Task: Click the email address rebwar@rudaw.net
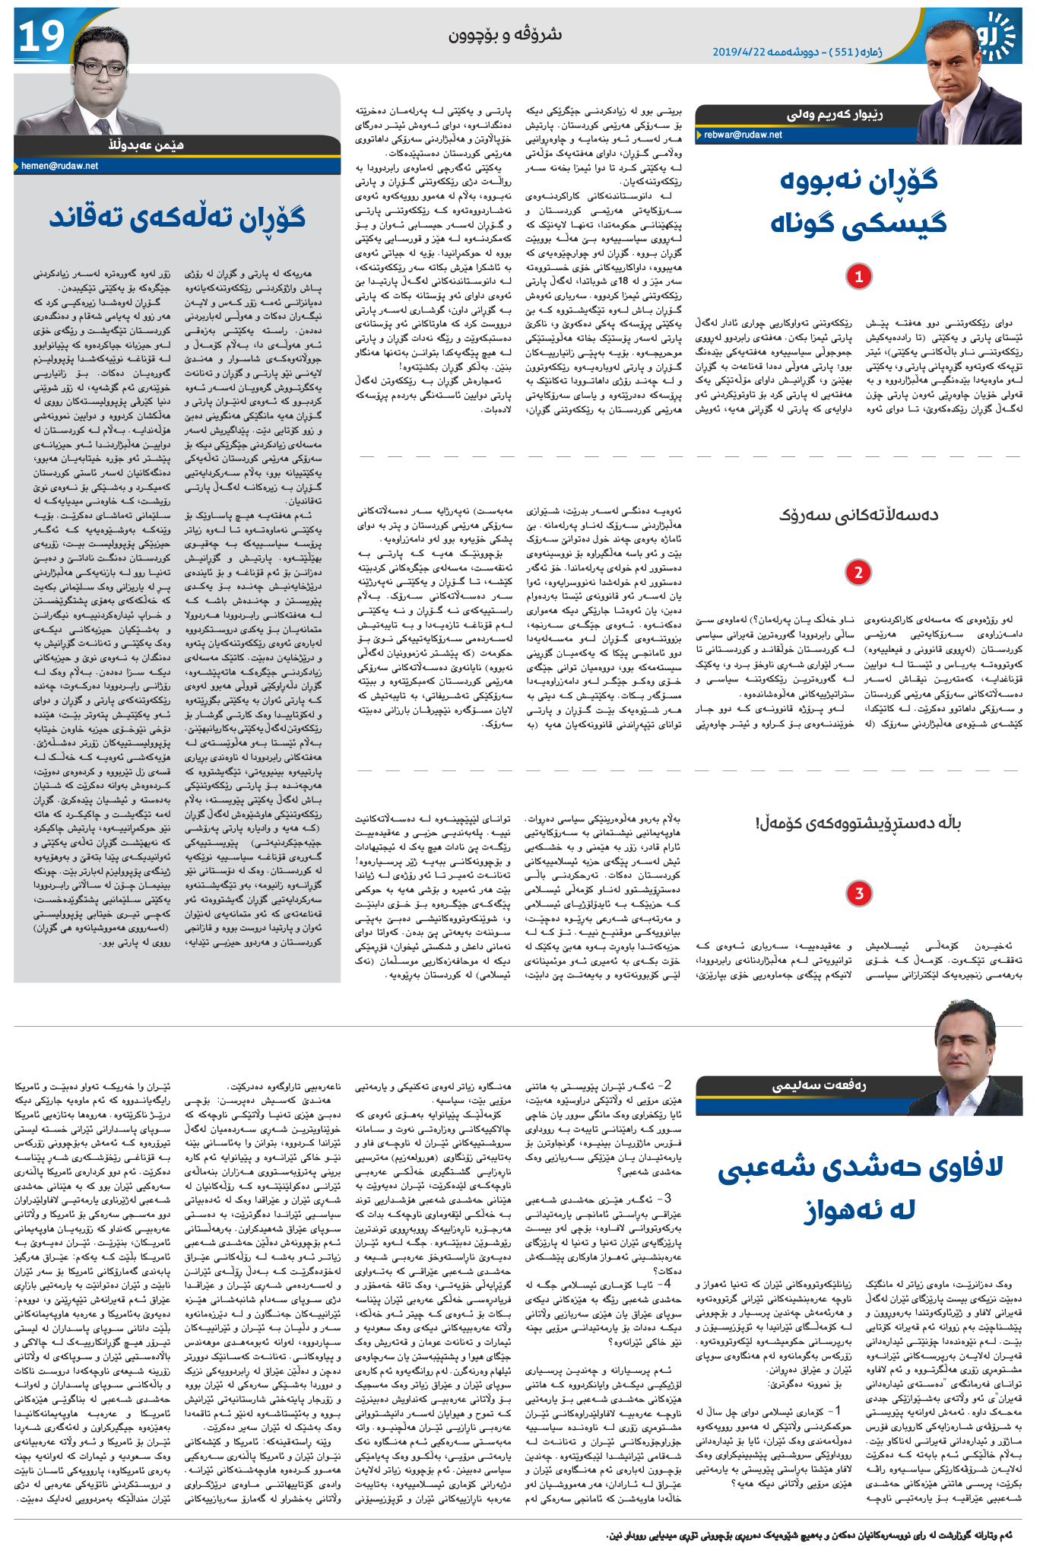743,135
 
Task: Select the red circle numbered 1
858,276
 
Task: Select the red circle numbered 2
858,572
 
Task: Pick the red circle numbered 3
858,893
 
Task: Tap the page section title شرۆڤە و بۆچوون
505,35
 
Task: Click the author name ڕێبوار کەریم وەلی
834,115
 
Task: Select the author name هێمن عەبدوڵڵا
145,145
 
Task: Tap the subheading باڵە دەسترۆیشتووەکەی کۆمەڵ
858,823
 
